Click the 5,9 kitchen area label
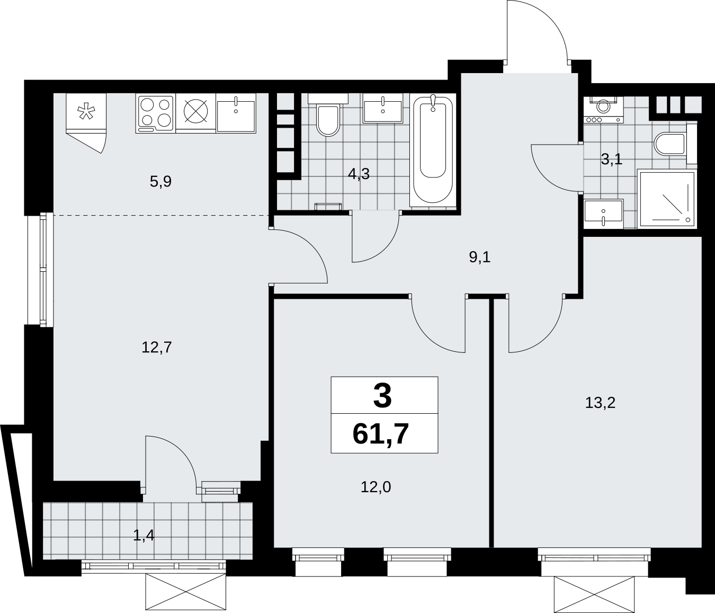(x=160, y=182)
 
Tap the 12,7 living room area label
(x=157, y=347)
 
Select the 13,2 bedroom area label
(x=600, y=403)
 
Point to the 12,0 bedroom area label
(x=376, y=487)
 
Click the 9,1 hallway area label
(x=480, y=257)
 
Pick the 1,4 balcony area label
(x=144, y=545)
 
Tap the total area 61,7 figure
(x=380, y=435)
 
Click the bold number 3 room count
(x=382, y=396)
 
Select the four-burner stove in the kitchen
(x=155, y=114)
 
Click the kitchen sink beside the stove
(x=236, y=113)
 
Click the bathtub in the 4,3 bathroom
(x=433, y=150)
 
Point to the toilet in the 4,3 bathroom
(x=328, y=116)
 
